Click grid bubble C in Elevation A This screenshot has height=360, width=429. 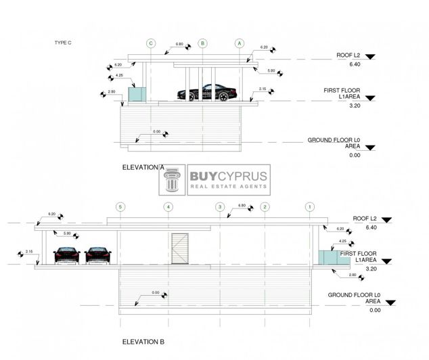pyautogui.click(x=151, y=43)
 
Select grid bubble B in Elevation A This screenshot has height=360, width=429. pyautogui.click(x=202, y=43)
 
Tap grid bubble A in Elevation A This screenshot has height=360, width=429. pyautogui.click(x=239, y=43)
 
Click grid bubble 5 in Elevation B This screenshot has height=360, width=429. pyautogui.click(x=120, y=206)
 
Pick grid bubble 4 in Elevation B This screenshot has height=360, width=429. pyautogui.click(x=168, y=206)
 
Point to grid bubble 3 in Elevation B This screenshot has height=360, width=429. pyautogui.click(x=219, y=206)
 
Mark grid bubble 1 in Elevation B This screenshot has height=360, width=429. pyautogui.click(x=309, y=206)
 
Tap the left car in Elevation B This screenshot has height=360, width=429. pyautogui.click(x=66, y=255)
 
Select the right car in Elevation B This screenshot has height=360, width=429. pyautogui.click(x=99, y=255)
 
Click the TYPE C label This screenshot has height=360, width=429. pyautogui.click(x=62, y=43)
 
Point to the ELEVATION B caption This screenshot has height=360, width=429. pyautogui.click(x=143, y=342)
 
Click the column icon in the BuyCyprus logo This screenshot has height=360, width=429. pyautogui.click(x=173, y=181)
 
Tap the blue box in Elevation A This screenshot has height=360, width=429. pyautogui.click(x=138, y=94)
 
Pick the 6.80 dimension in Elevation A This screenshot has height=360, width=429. pyautogui.click(x=179, y=45)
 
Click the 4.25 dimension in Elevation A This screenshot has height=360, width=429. pyautogui.click(x=120, y=76)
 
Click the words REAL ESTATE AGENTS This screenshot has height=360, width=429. pyautogui.click(x=228, y=187)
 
